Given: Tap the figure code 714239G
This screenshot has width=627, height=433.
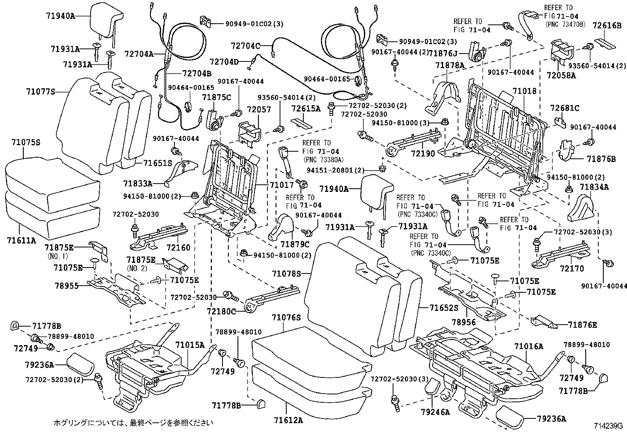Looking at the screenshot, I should (608, 426).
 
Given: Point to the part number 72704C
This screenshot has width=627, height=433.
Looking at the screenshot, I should (245, 46).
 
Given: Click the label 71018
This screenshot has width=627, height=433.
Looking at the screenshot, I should (524, 91).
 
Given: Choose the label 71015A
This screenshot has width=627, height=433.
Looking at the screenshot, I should (190, 345).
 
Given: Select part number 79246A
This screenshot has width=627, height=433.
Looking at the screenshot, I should (435, 412).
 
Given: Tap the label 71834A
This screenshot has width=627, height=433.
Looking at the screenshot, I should (594, 187).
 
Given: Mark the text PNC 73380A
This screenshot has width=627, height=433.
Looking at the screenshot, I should (324, 160).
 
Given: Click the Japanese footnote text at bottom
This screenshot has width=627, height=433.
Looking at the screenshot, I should (133, 423).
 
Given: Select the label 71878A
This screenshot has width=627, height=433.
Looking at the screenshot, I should (450, 65).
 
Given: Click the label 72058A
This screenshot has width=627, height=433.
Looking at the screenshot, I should (561, 75).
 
